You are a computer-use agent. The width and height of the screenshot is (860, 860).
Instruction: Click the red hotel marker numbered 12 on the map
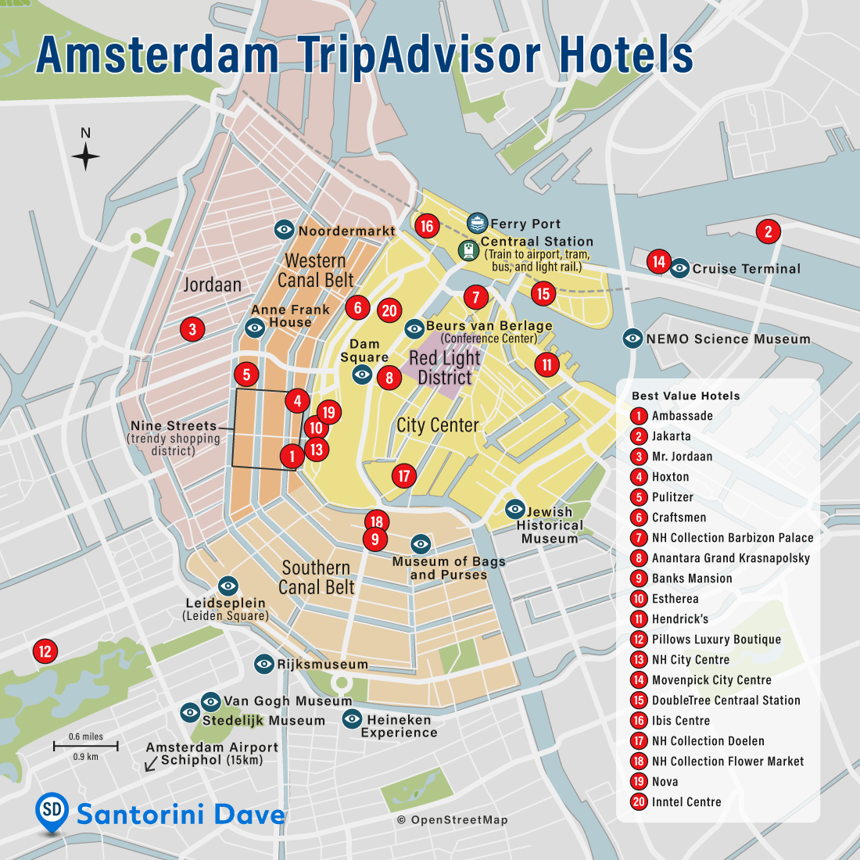coord(45,651)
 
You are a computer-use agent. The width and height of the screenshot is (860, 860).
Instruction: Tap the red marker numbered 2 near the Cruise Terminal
coord(769,231)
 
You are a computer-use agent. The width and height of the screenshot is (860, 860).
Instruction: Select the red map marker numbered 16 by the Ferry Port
coord(426,227)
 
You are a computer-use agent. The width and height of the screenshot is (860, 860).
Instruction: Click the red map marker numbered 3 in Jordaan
coord(192,329)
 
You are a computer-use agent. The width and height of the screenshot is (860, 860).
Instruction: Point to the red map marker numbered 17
coord(404,475)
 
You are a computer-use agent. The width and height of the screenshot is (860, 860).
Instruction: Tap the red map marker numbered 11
coord(547,364)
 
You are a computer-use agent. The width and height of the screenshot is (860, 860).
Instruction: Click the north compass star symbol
coord(86,156)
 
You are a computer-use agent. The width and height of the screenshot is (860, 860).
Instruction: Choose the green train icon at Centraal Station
coord(468,250)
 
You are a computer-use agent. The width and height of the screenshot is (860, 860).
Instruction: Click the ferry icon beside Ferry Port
coord(478,224)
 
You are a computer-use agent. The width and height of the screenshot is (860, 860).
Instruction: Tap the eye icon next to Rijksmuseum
coord(264,665)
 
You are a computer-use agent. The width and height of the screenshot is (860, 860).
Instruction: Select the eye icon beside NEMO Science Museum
coord(632,339)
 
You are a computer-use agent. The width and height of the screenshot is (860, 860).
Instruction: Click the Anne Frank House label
coord(290,316)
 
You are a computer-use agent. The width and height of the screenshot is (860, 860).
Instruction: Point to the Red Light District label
coord(444,367)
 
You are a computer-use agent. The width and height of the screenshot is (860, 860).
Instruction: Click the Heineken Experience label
coord(399,726)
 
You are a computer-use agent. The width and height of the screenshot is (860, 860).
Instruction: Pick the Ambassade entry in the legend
coord(682,416)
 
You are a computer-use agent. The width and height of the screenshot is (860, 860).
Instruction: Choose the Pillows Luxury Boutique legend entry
coord(716,640)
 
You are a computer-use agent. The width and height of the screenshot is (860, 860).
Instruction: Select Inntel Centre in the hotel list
coord(686,802)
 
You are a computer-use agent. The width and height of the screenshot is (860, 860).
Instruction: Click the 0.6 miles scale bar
coord(86,747)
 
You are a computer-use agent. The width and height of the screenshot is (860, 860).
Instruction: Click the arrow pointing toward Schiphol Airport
coord(151,763)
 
